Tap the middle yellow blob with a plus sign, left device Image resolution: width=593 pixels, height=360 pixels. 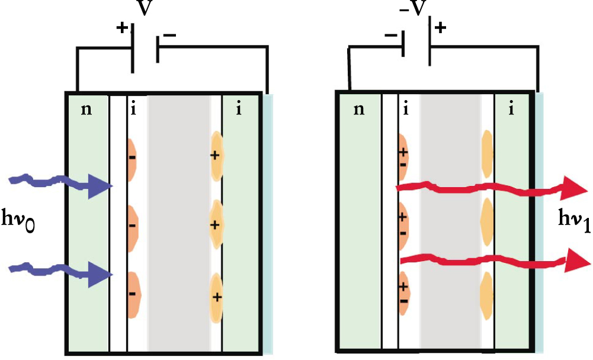[216, 224]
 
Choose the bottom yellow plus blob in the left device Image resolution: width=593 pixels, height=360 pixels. [217, 295]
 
